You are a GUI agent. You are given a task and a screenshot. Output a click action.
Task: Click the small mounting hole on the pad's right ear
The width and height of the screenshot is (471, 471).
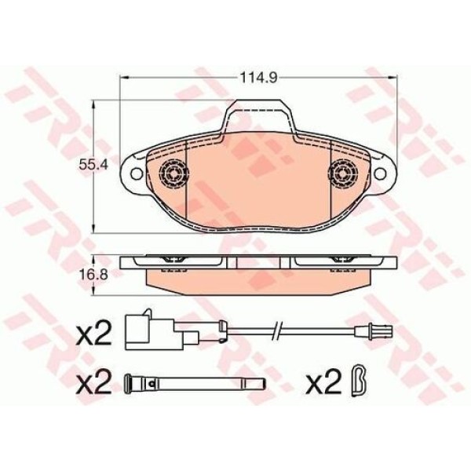point(381,173)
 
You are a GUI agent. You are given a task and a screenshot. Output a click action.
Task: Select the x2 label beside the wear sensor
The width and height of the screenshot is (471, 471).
point(97,336)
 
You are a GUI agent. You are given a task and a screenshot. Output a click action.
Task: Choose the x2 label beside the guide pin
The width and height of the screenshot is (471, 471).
point(97,385)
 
